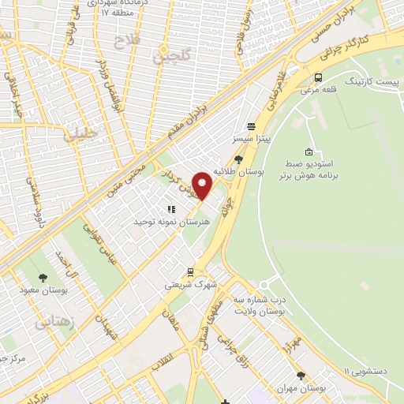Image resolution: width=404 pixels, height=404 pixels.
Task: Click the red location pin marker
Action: [x=202, y=185]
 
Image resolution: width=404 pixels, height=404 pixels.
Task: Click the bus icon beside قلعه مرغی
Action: [x=318, y=78]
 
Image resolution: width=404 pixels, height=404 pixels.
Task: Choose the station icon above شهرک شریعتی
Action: [x=190, y=271]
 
